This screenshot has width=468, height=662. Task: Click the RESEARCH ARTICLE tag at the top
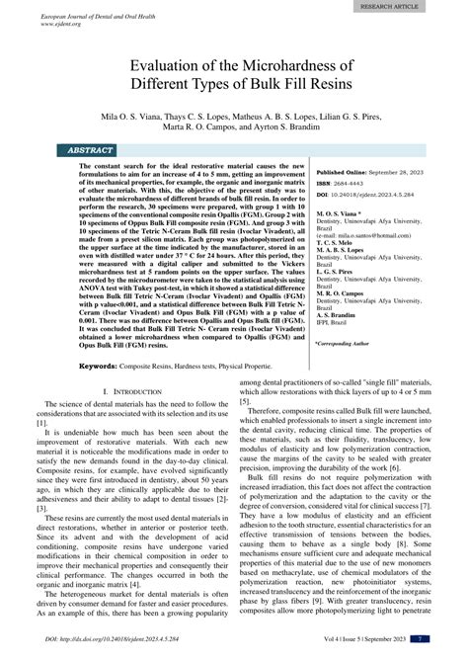click(x=417, y=5)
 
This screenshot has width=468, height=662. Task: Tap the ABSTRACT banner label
click(x=90, y=150)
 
